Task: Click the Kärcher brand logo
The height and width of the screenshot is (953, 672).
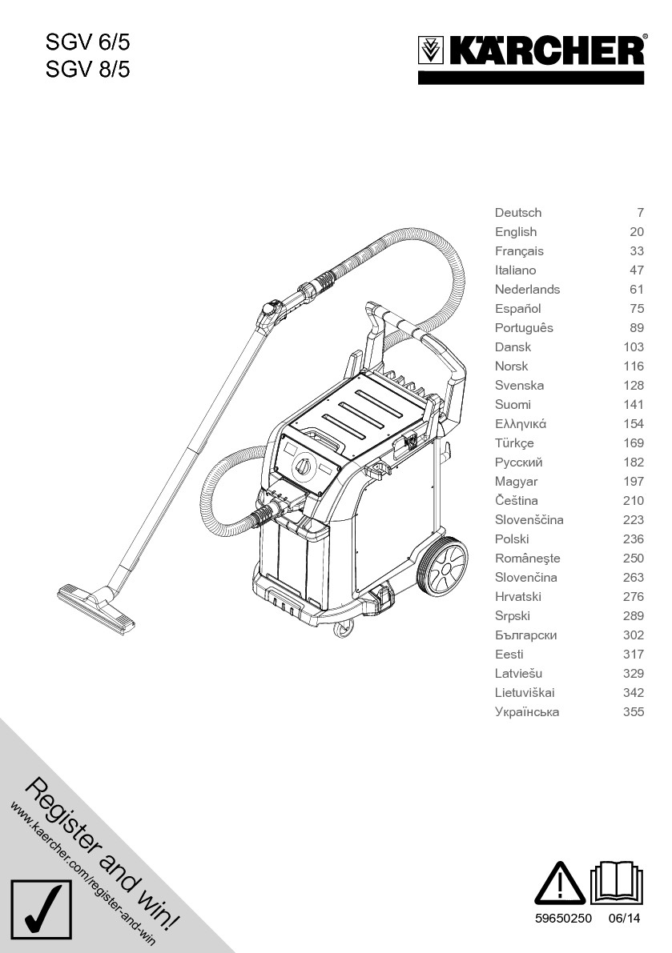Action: click(x=531, y=53)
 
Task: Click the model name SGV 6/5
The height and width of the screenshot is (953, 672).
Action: click(x=87, y=42)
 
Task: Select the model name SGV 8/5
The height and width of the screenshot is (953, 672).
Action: click(x=87, y=70)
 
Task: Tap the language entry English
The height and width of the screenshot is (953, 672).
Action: click(x=516, y=232)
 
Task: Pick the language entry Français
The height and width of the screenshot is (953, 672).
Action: click(x=519, y=251)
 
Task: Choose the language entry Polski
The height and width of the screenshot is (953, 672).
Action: click(x=512, y=539)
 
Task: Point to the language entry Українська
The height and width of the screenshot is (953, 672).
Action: click(x=527, y=712)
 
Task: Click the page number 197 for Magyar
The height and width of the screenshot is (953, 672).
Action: click(x=633, y=482)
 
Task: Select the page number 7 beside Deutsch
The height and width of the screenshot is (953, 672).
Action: click(x=640, y=213)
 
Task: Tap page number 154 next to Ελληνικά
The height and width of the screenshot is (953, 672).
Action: click(x=633, y=424)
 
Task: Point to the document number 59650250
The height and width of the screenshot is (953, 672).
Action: click(x=563, y=919)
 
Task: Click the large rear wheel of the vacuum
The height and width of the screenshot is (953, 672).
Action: click(x=441, y=569)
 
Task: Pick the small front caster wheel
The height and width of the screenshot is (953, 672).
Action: click(x=343, y=629)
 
